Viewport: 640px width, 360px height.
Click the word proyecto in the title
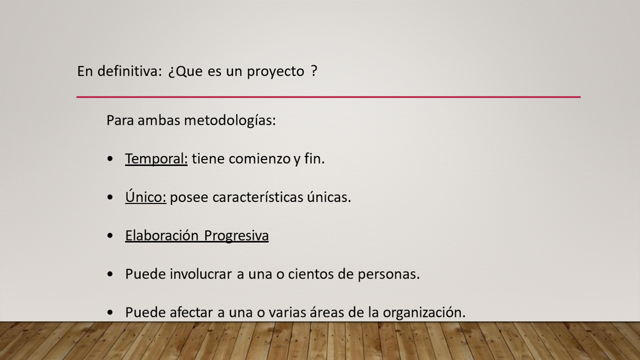pyautogui.click(x=275, y=71)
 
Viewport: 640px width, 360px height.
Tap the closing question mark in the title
pyautogui.click(x=314, y=71)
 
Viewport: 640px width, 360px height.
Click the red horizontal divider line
pyautogui.click(x=328, y=97)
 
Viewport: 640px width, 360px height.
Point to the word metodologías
pyautogui.click(x=230, y=120)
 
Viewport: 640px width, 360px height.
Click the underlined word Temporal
pyautogui.click(x=156, y=159)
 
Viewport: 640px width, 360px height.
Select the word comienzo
pyautogui.click(x=259, y=159)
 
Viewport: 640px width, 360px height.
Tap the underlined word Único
pyautogui.click(x=145, y=196)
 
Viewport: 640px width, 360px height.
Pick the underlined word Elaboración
pyautogui.click(x=161, y=235)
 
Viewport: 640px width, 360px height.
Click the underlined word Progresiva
pyautogui.click(x=236, y=236)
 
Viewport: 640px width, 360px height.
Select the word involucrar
pyautogui.click(x=201, y=274)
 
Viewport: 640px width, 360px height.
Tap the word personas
pyautogui.click(x=389, y=275)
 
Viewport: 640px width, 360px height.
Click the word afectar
pyautogui.click(x=191, y=312)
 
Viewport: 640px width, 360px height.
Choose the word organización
pyautogui.click(x=424, y=313)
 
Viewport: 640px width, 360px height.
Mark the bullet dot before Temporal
pyautogui.click(x=110, y=159)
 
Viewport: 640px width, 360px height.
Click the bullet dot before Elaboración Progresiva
pyautogui.click(x=110, y=235)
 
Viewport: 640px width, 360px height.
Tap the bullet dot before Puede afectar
pyautogui.click(x=110, y=312)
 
